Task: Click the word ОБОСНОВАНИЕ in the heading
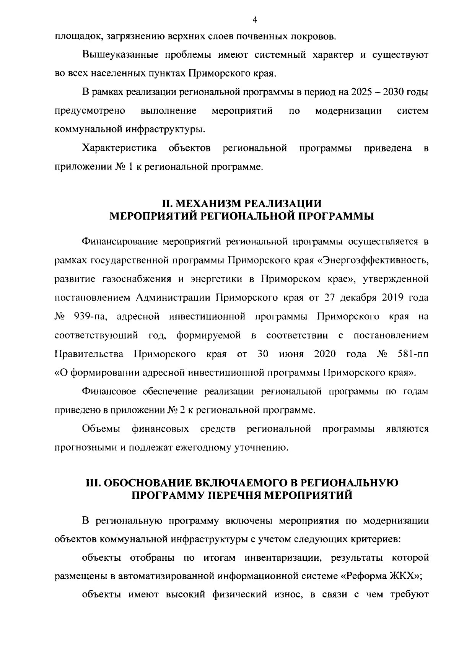[x=145, y=483]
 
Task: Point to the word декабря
[x=358, y=298]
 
